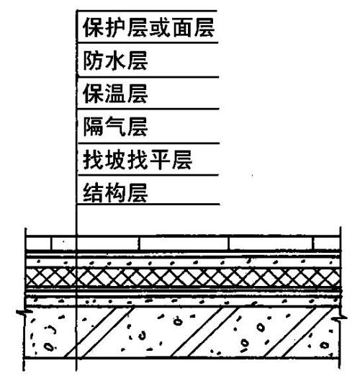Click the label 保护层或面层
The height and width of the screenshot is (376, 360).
[x=148, y=27]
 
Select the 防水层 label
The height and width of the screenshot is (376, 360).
[x=115, y=61]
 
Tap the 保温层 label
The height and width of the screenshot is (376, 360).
[x=115, y=94]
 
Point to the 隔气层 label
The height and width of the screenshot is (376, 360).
[x=115, y=127]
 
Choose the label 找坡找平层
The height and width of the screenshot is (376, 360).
[x=138, y=160]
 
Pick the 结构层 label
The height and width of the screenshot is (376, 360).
[x=115, y=192]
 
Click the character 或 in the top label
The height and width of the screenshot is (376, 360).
[x=160, y=27]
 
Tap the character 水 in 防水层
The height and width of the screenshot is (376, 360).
[x=115, y=61]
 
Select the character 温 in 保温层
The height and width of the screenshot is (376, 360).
[x=115, y=94]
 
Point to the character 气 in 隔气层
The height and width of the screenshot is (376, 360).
[x=115, y=127]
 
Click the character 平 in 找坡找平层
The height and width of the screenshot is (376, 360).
[x=160, y=160]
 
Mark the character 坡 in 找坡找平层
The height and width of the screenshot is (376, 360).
[x=115, y=160]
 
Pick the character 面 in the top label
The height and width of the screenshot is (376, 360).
[x=181, y=27]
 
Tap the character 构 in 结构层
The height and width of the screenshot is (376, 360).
[x=115, y=192]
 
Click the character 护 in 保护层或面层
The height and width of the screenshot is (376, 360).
[x=115, y=27]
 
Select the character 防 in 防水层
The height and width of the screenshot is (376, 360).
[x=93, y=61]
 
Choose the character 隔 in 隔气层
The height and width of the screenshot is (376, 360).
[x=93, y=127]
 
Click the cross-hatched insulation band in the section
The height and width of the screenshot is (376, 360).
[x=184, y=277]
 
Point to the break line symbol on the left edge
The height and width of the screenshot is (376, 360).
[x=24, y=312]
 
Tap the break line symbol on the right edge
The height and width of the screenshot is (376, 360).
[x=340, y=318]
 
